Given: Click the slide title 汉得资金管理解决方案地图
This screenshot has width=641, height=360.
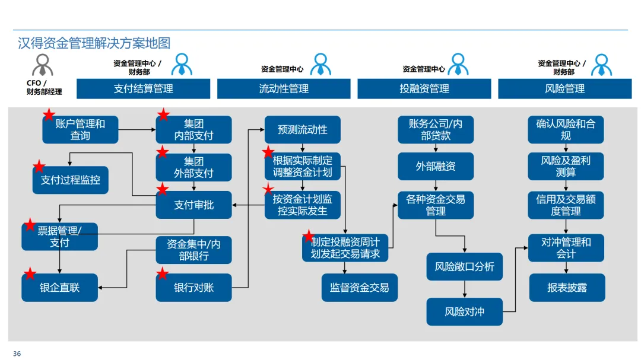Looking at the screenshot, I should point(94,43).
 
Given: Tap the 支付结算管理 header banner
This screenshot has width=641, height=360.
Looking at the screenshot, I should point(143,89).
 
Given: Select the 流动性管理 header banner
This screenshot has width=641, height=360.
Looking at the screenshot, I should point(284,89).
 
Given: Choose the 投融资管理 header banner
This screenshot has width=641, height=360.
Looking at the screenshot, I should point(424,89).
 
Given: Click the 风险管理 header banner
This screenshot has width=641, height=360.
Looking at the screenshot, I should point(564,89).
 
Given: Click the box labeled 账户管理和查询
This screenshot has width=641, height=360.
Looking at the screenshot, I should point(80,129).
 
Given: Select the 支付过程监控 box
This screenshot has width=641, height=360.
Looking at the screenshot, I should point(70,180).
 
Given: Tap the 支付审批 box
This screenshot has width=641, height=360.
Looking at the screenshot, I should point(193,205).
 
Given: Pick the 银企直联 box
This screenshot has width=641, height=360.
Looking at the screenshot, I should point(59,288).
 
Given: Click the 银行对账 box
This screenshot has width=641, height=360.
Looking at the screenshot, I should point(193,288).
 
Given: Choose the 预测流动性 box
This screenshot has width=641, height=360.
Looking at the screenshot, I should point(302,129).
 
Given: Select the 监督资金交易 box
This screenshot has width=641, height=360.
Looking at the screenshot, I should point(359,288).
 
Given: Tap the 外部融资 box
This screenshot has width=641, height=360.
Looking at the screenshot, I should point(436,167).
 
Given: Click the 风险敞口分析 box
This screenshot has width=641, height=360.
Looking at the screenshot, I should point(464,267).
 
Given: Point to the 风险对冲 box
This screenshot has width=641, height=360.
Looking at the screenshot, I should point(464,311).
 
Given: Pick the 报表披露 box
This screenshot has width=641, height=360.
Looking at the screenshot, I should point(567,288).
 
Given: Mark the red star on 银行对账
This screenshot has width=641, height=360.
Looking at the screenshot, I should point(162,274).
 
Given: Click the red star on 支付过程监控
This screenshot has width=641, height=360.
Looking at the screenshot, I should point(39,166).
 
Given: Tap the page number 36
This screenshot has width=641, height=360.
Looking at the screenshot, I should point(17,354).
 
